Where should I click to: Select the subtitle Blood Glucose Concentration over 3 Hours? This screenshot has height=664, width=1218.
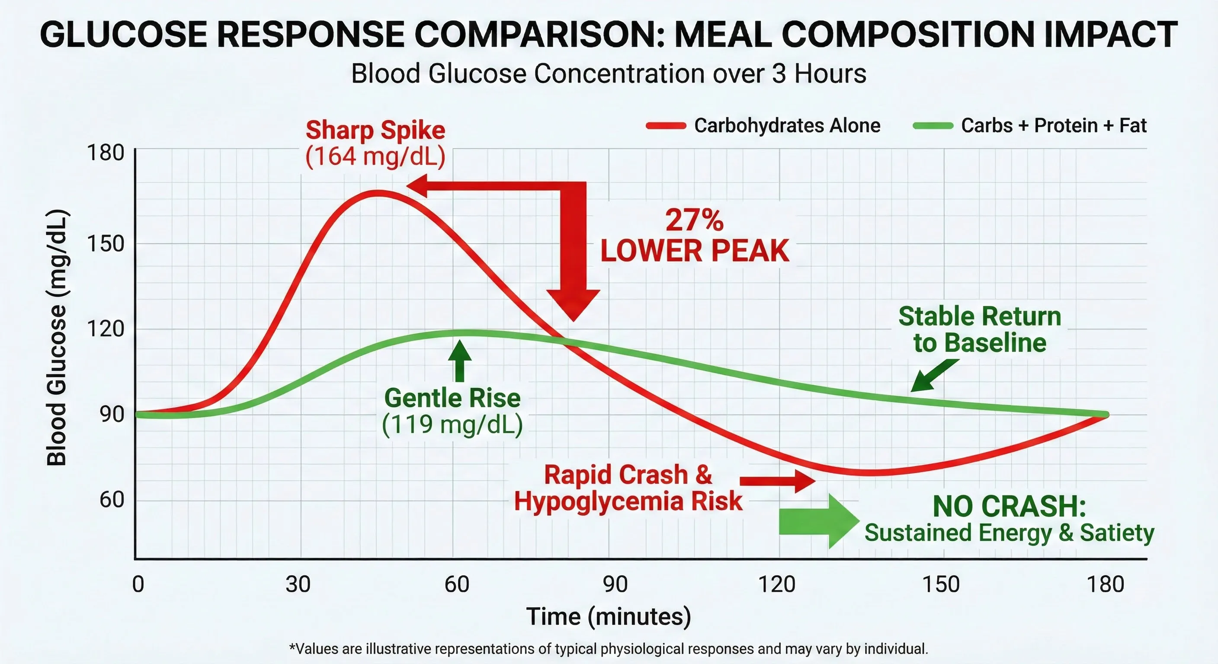pos(609,74)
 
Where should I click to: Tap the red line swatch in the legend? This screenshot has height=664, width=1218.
pos(666,126)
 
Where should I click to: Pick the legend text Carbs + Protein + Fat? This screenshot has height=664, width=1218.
pos(1054,126)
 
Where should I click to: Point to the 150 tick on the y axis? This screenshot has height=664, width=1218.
pos(106,244)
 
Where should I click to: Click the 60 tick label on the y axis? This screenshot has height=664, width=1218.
pos(112,500)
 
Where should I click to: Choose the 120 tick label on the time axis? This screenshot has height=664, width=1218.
pos(776,584)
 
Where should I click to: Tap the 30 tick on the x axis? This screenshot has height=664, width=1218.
pos(298,584)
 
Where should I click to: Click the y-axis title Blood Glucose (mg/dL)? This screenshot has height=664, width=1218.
pos(57,338)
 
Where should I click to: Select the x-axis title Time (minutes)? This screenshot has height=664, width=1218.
pos(609,617)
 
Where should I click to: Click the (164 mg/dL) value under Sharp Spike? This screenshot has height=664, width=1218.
pos(375,156)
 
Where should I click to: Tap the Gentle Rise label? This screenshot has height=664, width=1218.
pos(452,398)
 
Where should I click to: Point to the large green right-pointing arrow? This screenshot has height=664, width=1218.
pos(818,521)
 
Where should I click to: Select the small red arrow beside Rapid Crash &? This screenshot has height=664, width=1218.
pos(777,481)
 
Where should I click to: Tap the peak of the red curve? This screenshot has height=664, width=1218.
pos(377,193)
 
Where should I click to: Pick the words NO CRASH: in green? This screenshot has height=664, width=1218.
pos(1009,507)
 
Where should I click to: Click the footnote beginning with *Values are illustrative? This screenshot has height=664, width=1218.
pos(609,649)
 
